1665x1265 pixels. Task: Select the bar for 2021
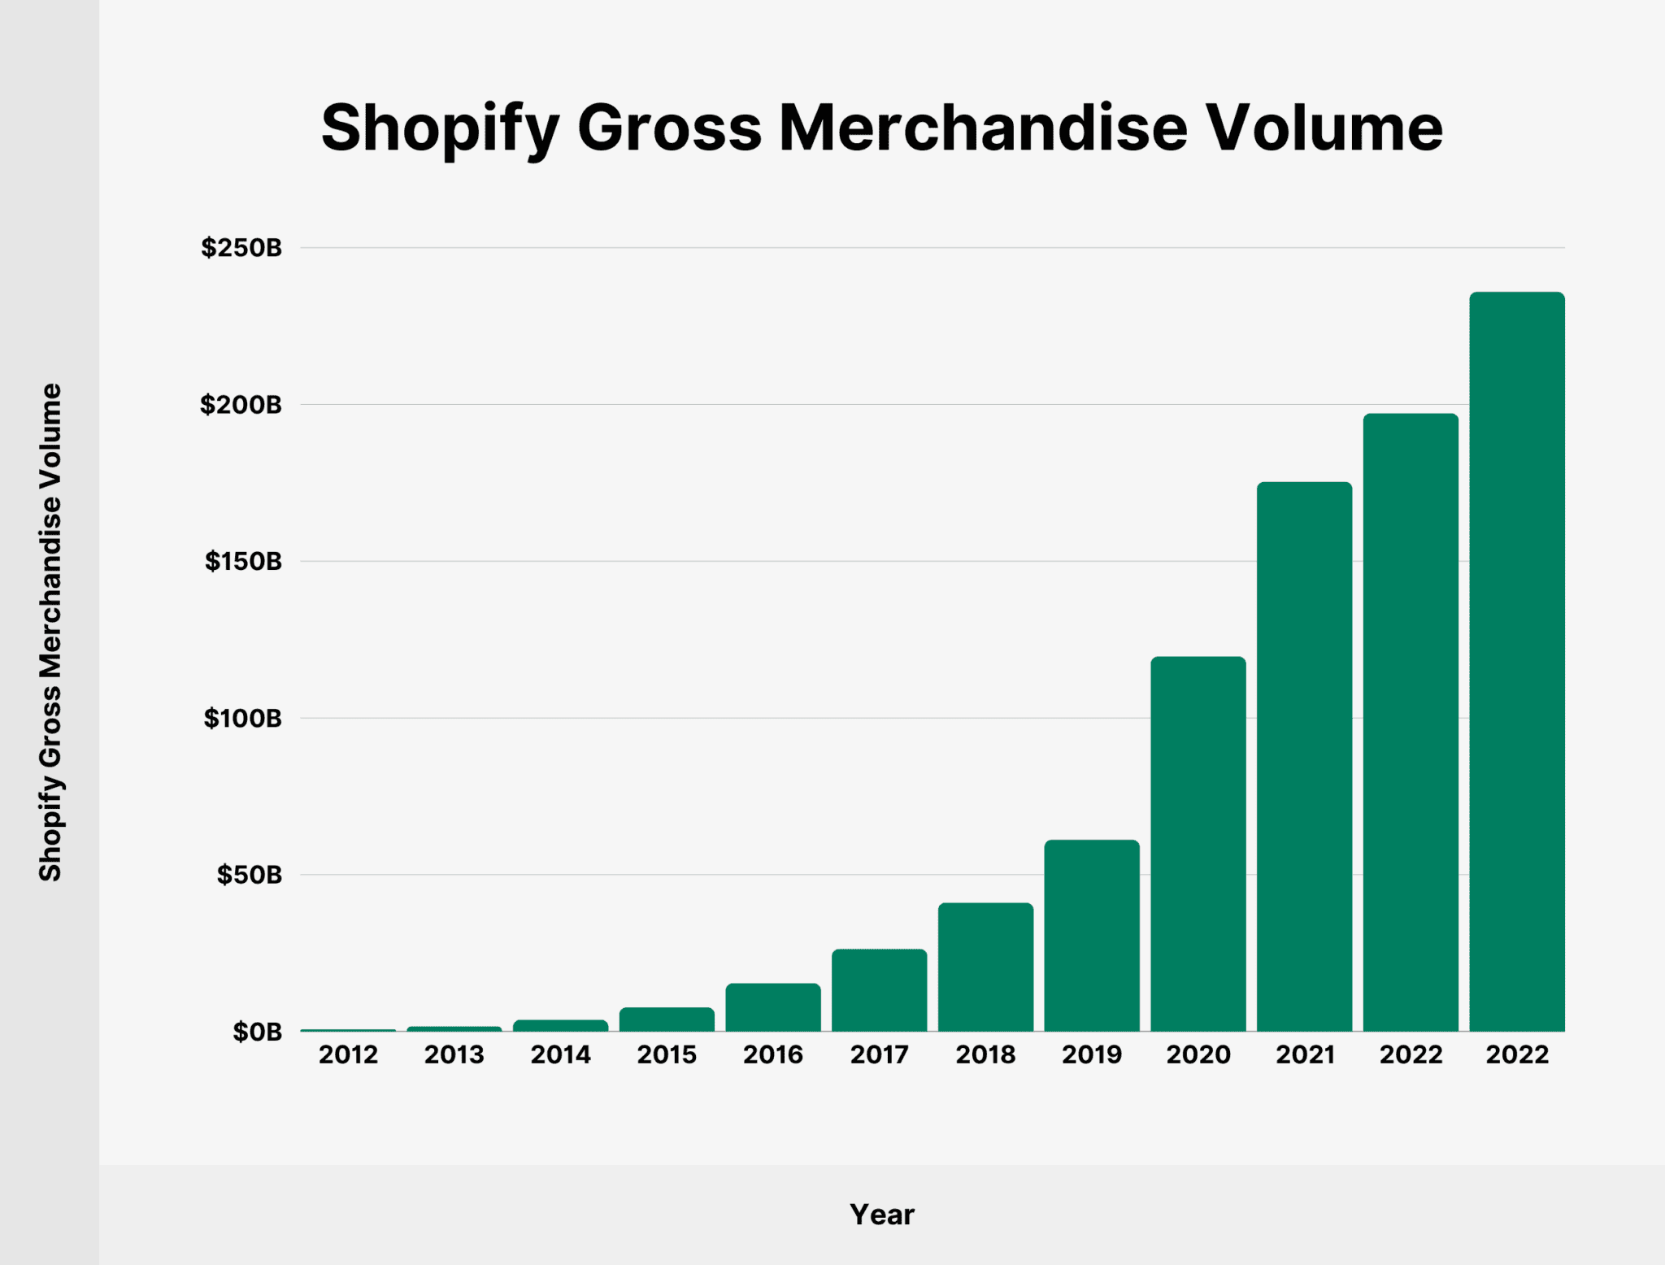tap(1304, 756)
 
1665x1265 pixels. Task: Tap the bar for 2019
tap(1092, 935)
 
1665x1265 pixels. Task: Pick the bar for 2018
tap(985, 967)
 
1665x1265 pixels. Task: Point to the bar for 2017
tap(879, 989)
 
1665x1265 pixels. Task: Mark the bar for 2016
tap(772, 1007)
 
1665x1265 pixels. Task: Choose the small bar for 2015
tap(667, 1019)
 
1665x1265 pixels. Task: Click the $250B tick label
tap(241, 247)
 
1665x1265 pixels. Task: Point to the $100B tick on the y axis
tap(242, 718)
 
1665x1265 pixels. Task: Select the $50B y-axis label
tap(249, 875)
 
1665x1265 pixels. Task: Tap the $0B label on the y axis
tap(257, 1032)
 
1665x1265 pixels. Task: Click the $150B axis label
tap(243, 561)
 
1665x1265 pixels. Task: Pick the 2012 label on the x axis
tap(348, 1054)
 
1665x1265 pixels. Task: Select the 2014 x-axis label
tap(560, 1054)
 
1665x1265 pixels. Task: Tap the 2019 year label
tap(1092, 1054)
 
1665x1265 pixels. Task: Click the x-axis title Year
tap(882, 1215)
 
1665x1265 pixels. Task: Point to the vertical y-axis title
tap(50, 632)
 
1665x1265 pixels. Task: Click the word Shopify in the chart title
tap(440, 128)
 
